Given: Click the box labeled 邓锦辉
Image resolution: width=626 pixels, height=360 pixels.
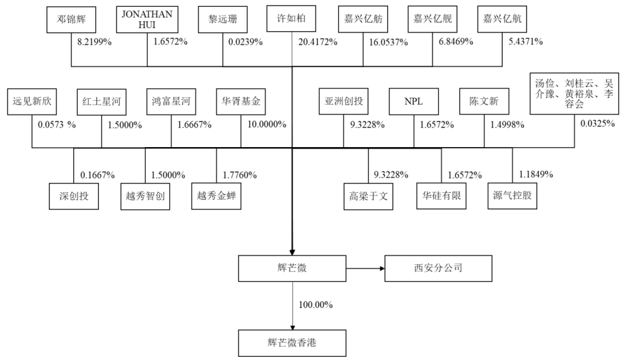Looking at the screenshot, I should coord(71,20).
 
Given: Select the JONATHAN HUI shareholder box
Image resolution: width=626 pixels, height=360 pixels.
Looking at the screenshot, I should coord(146,19).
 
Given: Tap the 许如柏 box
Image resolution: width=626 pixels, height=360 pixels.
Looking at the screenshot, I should coord(292,20).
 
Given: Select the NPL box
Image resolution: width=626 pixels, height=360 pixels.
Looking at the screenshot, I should coord(414,100).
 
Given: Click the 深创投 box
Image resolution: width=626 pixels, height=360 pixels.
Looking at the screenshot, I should coord(73,196).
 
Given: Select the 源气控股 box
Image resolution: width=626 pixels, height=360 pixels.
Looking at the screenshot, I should coord(511,196).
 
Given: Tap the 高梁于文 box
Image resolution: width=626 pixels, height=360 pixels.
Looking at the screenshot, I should coord(369,196).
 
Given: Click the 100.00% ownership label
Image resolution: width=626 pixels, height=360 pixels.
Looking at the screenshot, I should coord(316,305).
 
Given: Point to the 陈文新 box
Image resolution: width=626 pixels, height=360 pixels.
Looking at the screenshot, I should coord(484,100).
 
